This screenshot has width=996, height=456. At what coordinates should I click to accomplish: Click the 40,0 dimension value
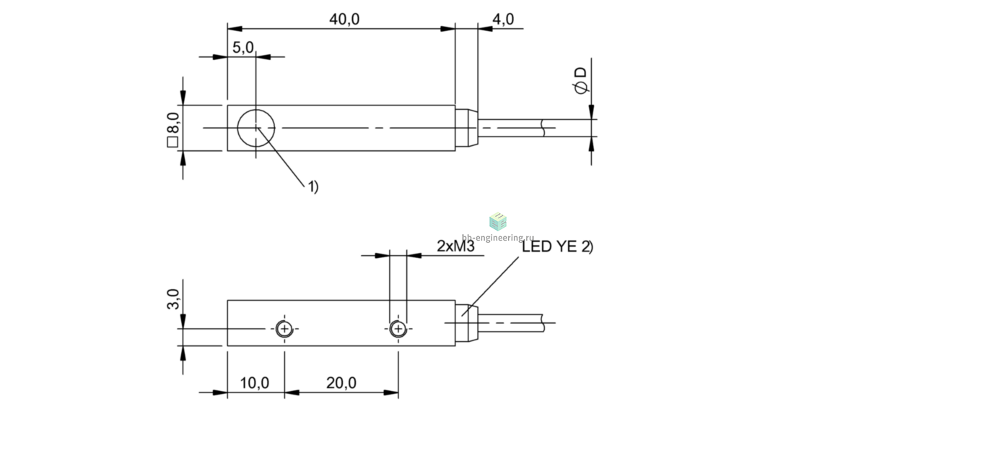(344, 19)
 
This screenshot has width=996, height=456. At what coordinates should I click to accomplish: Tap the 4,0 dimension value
(503, 19)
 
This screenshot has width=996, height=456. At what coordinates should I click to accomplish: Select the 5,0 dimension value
(243, 47)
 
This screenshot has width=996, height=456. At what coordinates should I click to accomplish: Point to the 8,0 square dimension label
(172, 129)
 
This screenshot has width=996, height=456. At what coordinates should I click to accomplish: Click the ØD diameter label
(580, 81)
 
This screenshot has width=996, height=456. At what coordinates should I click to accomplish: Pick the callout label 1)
(313, 186)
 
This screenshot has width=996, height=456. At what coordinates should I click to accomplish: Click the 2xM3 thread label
(455, 246)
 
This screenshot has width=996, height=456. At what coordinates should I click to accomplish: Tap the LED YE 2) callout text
(557, 246)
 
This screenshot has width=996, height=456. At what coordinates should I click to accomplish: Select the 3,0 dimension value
(173, 298)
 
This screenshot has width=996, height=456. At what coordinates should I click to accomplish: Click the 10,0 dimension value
(255, 382)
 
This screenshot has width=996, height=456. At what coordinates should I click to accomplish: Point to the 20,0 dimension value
(341, 382)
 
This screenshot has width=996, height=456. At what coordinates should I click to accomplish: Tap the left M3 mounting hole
(284, 329)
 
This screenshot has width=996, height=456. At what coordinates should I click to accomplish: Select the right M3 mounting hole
(398, 329)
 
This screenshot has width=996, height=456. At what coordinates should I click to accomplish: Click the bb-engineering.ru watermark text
(497, 238)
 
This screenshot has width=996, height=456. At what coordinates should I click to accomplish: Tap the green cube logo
(498, 221)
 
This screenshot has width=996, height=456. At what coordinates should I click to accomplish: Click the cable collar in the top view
(466, 128)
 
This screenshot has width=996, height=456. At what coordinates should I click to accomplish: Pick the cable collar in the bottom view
(466, 323)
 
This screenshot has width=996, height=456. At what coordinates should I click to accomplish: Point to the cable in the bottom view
(511, 323)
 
